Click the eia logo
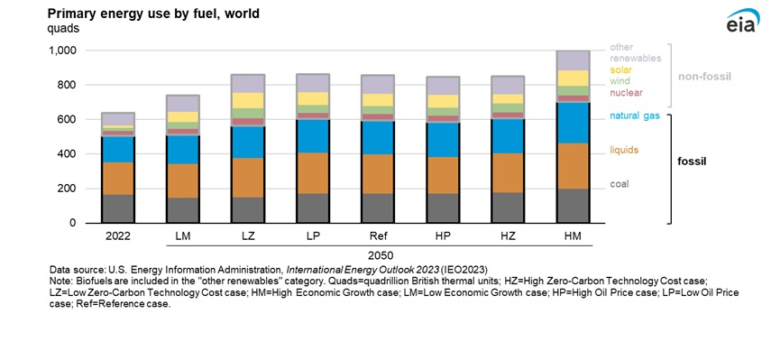pos(741,24)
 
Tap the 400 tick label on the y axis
pos(68,154)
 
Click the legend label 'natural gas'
pos(637,115)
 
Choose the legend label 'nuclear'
pos(627,93)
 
